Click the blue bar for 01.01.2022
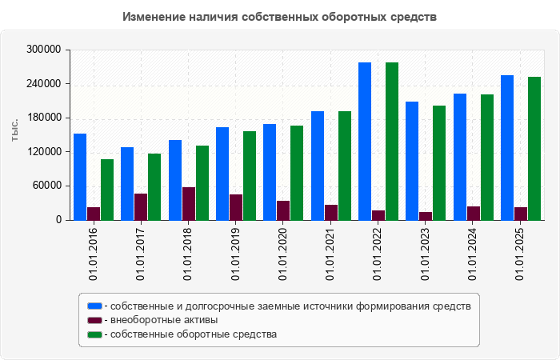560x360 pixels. tap(365, 141)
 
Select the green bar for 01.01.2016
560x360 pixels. tap(107, 190)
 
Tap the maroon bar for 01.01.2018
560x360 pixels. tap(189, 203)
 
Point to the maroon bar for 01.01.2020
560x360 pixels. tap(283, 210)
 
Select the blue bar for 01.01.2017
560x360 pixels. tap(127, 183)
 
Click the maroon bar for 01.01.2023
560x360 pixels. tap(426, 215)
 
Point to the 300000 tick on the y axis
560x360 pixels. tap(45, 50)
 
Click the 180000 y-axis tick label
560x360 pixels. tap(45, 118)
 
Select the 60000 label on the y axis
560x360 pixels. tap(47, 186)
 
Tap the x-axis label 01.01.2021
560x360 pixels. tap(330, 254)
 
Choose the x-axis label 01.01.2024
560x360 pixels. tap(473, 254)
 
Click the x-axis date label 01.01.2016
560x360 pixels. tap(94, 254)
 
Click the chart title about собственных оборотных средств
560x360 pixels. tap(280, 16)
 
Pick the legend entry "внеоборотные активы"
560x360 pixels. tap(164, 320)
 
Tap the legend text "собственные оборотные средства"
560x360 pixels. tap(194, 334)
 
